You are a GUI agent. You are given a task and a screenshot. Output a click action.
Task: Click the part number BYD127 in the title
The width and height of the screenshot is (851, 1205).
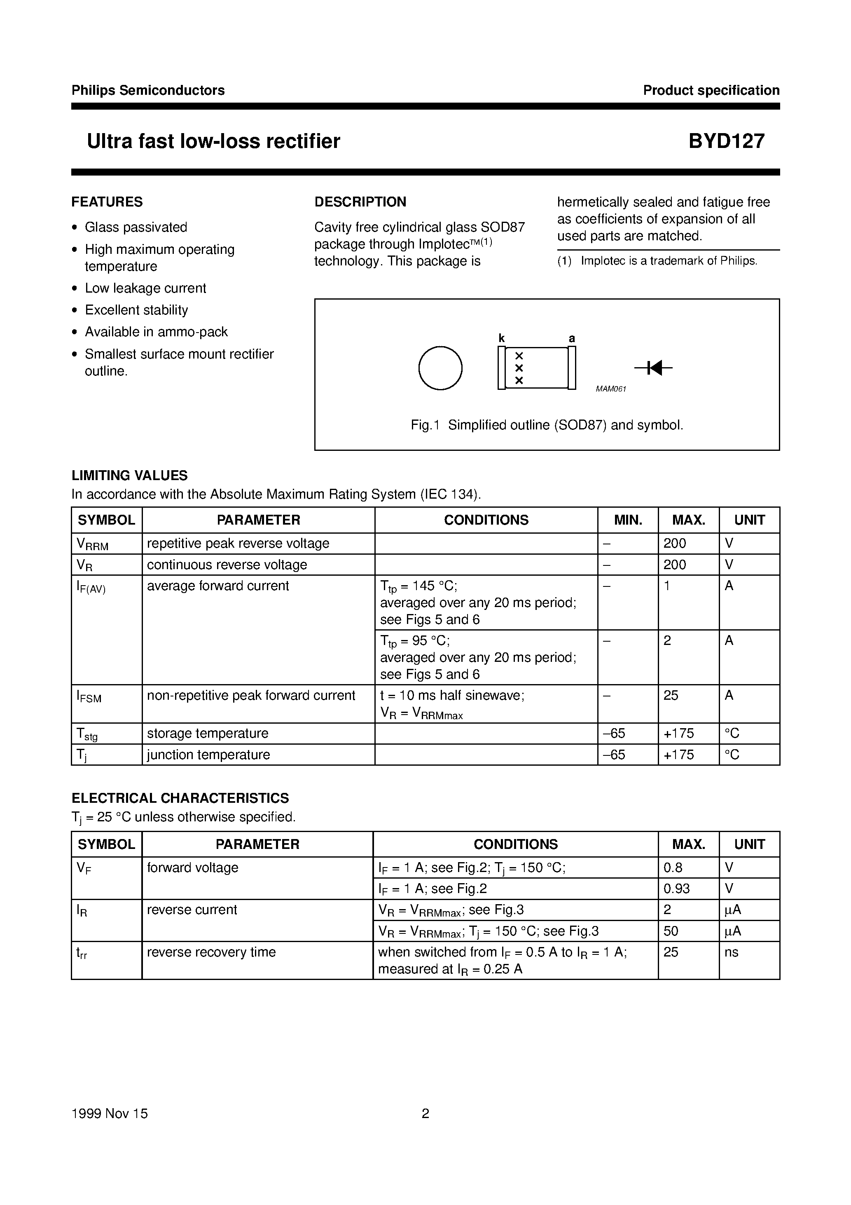[x=726, y=141]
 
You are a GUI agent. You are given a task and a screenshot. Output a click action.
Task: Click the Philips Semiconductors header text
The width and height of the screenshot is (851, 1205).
[x=148, y=90]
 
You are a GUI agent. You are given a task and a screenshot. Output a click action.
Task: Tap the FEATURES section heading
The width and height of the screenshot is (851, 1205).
[x=107, y=202]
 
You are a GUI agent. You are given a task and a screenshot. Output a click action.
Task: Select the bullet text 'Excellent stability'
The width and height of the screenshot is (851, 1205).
[x=136, y=310]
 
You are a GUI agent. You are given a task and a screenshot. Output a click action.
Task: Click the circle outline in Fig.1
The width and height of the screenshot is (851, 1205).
[x=440, y=368]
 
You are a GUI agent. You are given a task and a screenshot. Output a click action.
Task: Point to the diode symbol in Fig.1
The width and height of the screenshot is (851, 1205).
[x=653, y=368]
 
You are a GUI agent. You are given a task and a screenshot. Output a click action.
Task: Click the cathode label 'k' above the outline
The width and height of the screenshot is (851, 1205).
[x=502, y=338]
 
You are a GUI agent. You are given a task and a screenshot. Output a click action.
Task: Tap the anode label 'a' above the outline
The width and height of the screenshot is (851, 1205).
[x=572, y=338]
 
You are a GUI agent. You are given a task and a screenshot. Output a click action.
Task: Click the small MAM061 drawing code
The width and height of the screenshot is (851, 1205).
[x=611, y=389]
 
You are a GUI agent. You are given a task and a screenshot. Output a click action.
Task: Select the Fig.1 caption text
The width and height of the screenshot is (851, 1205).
[x=547, y=425]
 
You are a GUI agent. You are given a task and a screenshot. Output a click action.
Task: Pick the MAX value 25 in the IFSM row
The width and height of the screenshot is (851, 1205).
[x=671, y=695]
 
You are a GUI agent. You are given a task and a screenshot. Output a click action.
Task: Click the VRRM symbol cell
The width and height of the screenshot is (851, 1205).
[x=92, y=544]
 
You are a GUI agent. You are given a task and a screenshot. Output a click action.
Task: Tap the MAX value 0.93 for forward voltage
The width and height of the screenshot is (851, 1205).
[x=676, y=889]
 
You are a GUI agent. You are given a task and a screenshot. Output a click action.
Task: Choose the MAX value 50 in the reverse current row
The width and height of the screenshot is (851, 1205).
[x=671, y=931]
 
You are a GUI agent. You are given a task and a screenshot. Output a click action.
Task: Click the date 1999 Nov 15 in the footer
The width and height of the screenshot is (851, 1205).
[x=110, y=1114]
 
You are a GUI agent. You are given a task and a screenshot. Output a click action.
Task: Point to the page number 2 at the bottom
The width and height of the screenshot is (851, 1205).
[x=425, y=1114]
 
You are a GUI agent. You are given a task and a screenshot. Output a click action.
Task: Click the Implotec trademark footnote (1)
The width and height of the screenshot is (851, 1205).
[x=657, y=261]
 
